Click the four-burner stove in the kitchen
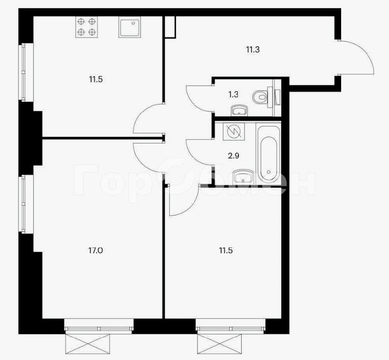coord(87,27)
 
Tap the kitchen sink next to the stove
coord(130,27)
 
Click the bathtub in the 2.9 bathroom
coord(269,154)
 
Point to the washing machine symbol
coord(234,131)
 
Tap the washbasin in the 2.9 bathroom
coord(244,177)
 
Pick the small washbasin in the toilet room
coord(239,111)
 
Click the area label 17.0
coord(96,251)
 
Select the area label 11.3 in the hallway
coord(253,50)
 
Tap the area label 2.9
coord(234,156)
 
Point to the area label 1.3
coord(233,94)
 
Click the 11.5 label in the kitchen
coord(96,80)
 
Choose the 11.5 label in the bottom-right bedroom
coord(226,251)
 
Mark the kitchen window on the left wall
coord(23,72)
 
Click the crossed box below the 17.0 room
coord(87,344)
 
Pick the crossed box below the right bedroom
coord(219,344)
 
